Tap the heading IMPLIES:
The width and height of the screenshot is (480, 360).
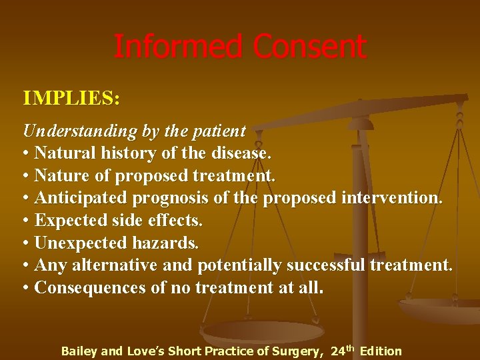point(71,99)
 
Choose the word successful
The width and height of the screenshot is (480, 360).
point(325,265)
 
